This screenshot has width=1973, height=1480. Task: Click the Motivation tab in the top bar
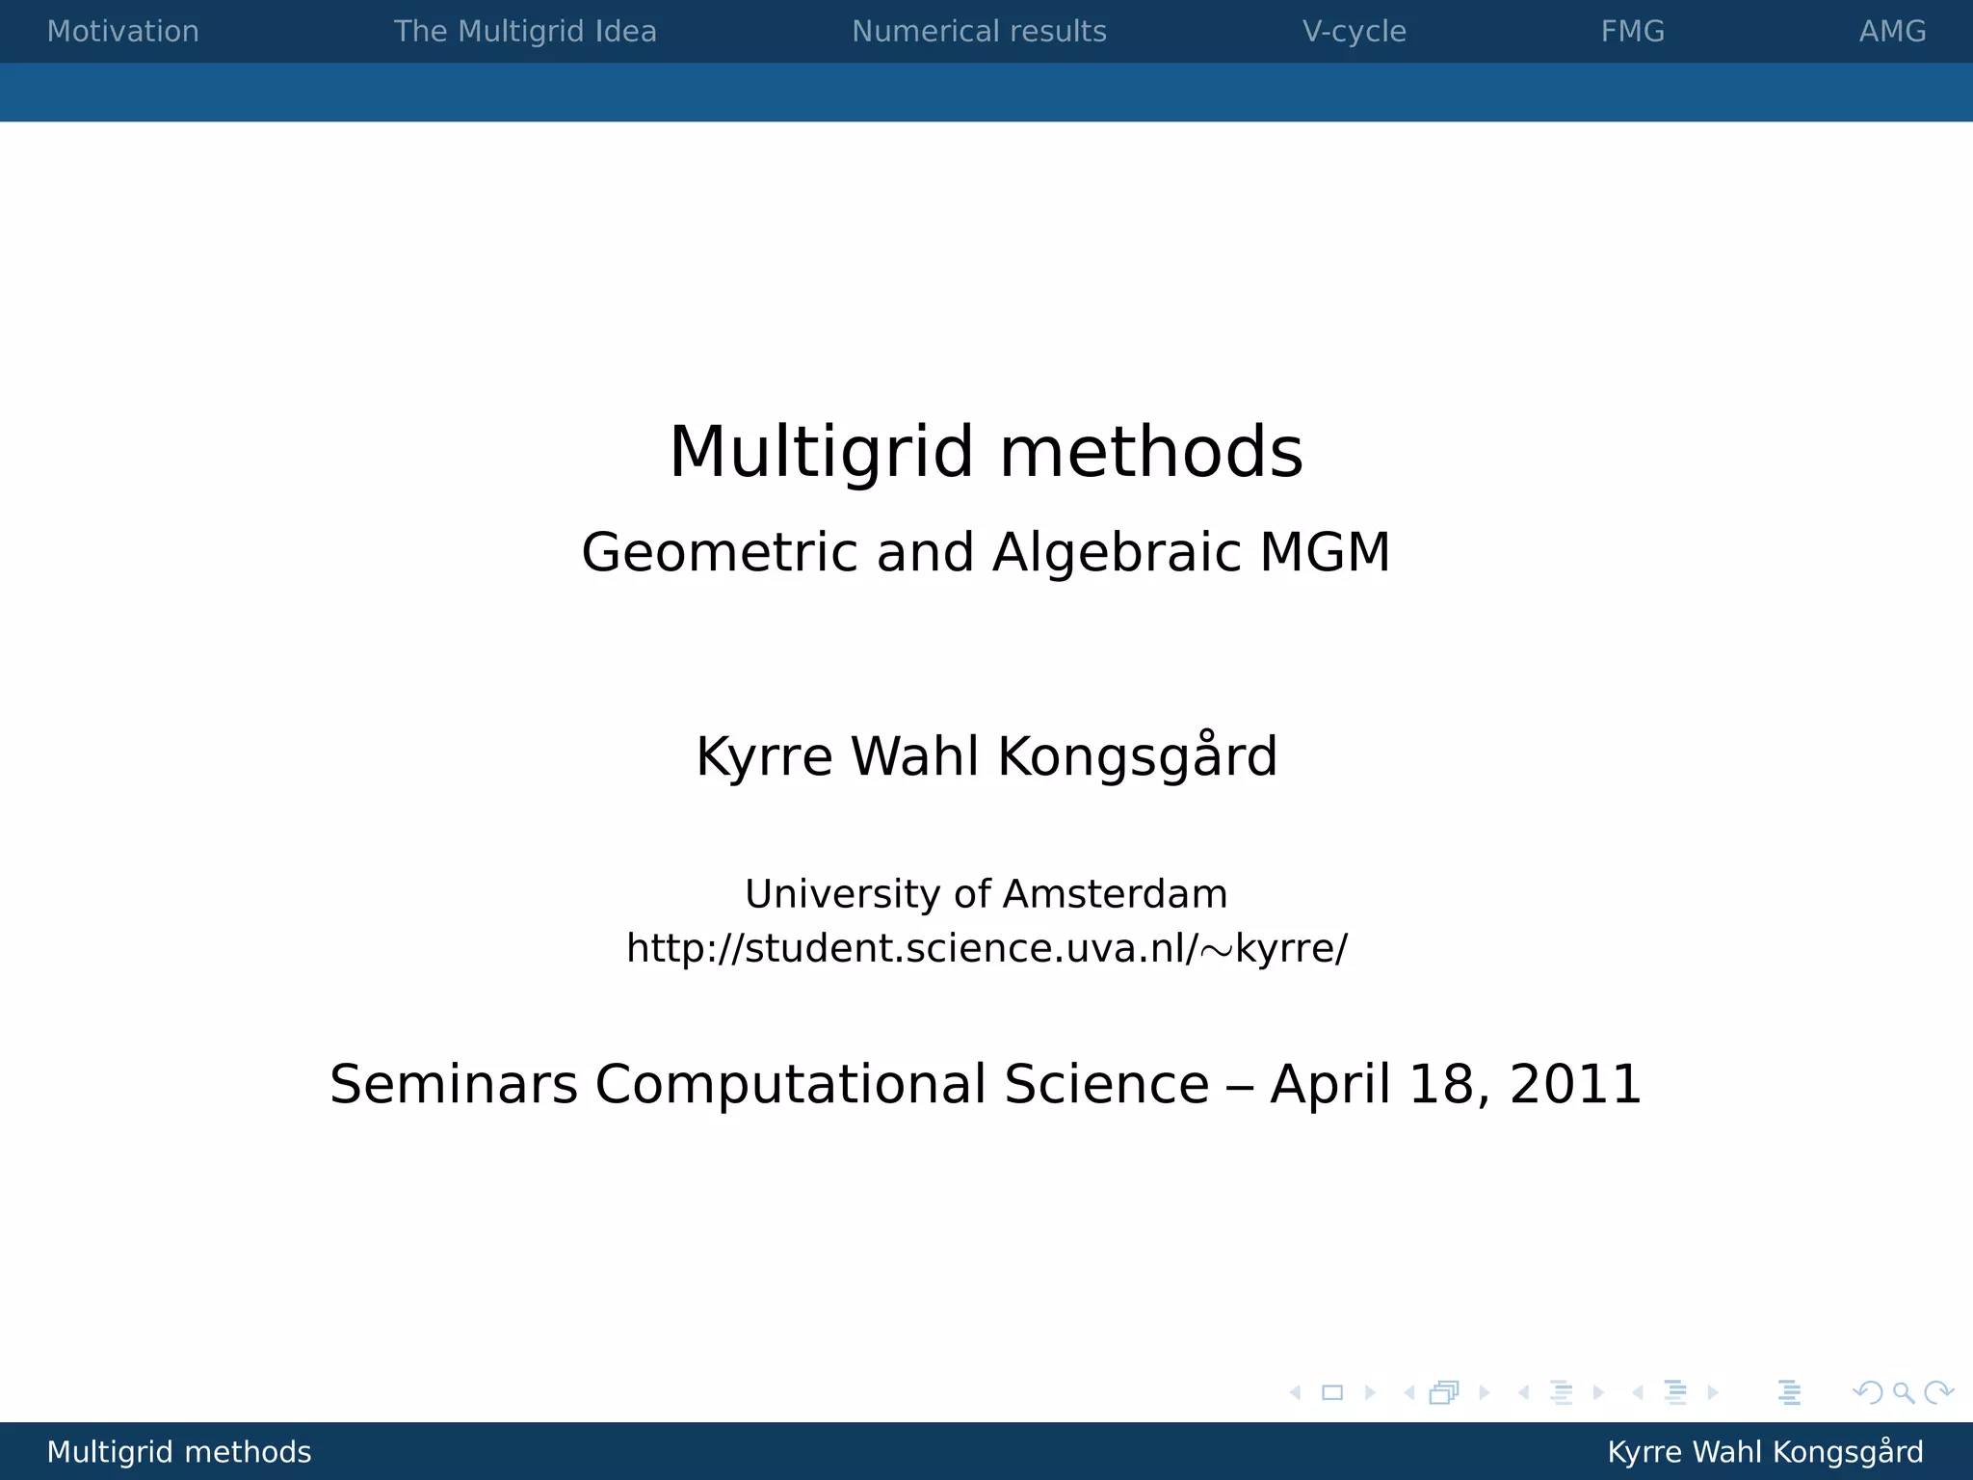click(x=122, y=32)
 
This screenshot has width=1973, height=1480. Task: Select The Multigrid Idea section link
click(x=525, y=32)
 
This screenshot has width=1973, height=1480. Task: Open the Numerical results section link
click(x=979, y=32)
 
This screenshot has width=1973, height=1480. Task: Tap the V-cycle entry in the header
click(x=1354, y=32)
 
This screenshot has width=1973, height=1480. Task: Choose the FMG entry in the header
click(x=1632, y=32)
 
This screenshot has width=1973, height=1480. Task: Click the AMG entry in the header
click(x=1892, y=32)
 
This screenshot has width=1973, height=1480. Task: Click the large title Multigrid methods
click(x=986, y=452)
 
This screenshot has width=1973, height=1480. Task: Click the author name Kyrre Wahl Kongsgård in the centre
click(x=986, y=756)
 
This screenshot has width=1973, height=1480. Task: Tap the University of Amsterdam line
click(x=986, y=894)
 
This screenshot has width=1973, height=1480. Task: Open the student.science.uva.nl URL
click(x=986, y=949)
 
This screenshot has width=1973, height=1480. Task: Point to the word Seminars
click(x=453, y=1085)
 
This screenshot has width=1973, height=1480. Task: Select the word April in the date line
click(x=1330, y=1085)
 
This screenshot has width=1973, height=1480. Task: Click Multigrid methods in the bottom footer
click(x=179, y=1452)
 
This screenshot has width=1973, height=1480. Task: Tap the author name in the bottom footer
click(x=1765, y=1452)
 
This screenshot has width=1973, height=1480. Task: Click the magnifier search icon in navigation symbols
click(x=1903, y=1393)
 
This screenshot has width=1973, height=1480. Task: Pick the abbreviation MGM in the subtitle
click(x=1325, y=553)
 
